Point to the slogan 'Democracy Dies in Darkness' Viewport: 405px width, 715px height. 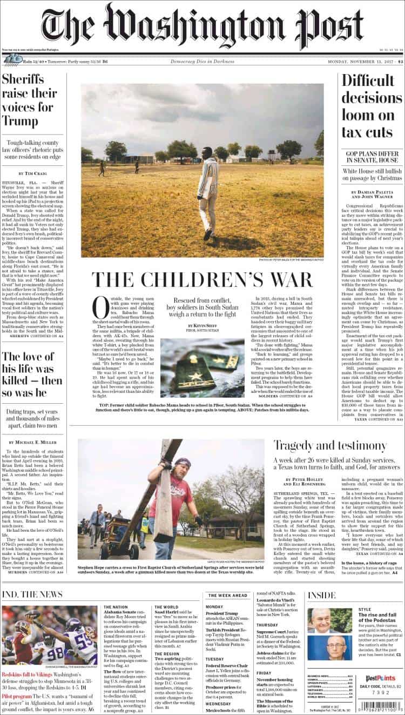click(202, 61)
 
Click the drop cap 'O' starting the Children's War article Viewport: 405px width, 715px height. click(100, 308)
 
